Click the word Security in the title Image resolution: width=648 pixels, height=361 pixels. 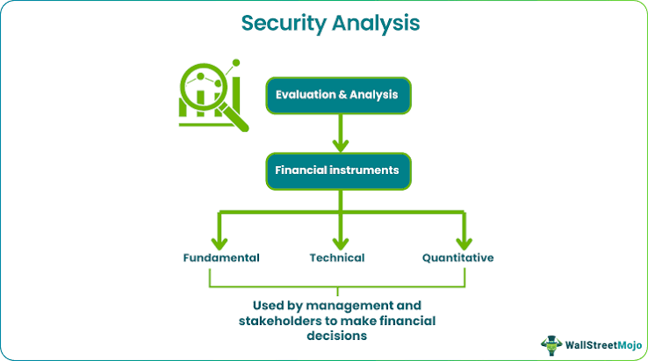point(284,24)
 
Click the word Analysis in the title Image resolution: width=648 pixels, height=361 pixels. point(376,23)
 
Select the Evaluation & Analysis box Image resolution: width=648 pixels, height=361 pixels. point(338,96)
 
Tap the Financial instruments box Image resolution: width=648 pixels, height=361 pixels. point(338,171)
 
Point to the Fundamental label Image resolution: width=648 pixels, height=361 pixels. point(221,258)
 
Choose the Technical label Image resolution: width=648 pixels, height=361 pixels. point(337,258)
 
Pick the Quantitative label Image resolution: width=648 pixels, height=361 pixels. point(457,258)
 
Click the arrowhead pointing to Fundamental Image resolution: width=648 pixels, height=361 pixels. point(220,243)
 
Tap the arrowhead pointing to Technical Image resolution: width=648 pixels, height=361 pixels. point(340,243)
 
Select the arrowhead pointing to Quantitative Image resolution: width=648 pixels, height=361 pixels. point(464,243)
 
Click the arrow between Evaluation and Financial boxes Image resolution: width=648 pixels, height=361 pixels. point(340,134)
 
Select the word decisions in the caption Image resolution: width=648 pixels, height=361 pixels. point(337,336)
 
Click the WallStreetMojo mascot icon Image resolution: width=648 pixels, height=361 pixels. point(551,345)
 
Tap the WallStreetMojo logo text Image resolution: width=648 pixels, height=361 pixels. point(603,345)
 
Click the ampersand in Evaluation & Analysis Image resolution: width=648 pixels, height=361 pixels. point(342,95)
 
